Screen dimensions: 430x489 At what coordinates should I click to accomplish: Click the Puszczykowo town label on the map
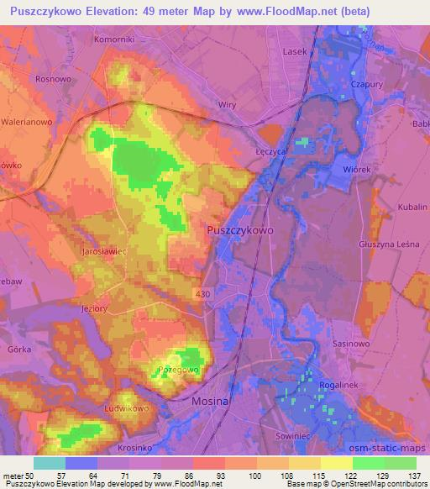point(239,229)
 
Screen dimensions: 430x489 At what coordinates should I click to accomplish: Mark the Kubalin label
point(412,206)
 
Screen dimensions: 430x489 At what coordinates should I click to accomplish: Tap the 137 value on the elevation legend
point(414,477)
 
